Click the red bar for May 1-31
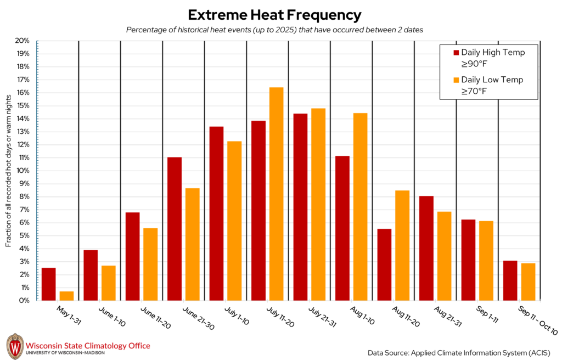pos(48,284)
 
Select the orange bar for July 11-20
pos(276,194)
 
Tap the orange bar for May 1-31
pos(66,296)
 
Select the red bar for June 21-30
pos(175,229)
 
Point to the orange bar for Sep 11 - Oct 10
pos(528,282)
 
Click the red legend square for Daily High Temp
pos(456,53)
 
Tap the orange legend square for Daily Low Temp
pos(456,80)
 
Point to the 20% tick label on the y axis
pos(22,41)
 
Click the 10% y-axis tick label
pos(22,171)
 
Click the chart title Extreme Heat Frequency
pos(274,14)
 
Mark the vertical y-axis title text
pos(9,170)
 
